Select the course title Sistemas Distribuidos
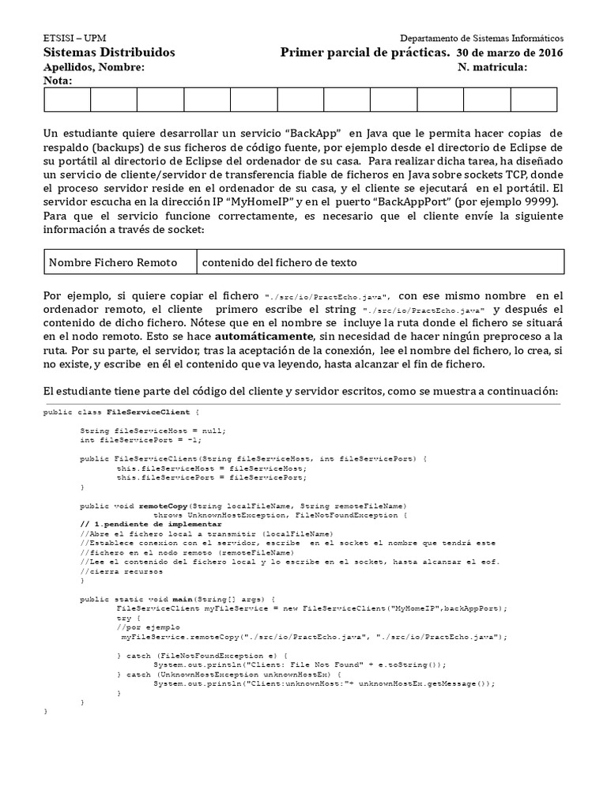coord(108,52)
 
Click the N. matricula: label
coord(492,67)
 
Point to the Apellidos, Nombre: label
coord(93,67)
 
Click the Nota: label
coord(58,81)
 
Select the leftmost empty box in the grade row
coord(67,100)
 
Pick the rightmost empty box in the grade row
coord(533,100)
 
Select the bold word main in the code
coord(184,599)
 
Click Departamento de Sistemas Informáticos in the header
coord(482,38)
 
